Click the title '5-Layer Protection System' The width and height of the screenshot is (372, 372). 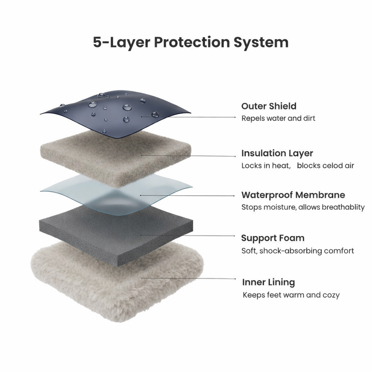[191, 43]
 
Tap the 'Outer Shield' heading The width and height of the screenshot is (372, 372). [269, 106]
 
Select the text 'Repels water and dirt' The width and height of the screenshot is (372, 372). [278, 118]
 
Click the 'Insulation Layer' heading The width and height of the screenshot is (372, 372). [277, 153]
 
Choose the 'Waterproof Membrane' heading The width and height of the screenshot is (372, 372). [293, 195]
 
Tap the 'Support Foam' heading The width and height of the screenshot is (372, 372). [273, 238]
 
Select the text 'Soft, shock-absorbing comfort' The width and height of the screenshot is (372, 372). [298, 251]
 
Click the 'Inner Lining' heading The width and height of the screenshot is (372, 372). [269, 282]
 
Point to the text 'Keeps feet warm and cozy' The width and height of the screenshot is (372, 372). [291, 295]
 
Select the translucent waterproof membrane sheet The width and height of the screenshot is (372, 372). [116, 193]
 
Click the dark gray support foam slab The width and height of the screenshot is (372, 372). [116, 234]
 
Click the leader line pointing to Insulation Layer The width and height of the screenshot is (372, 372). [189, 156]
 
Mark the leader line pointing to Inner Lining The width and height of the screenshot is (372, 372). [189, 278]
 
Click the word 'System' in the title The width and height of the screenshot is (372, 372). [261, 43]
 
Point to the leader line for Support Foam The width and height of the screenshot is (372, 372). [188, 236]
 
